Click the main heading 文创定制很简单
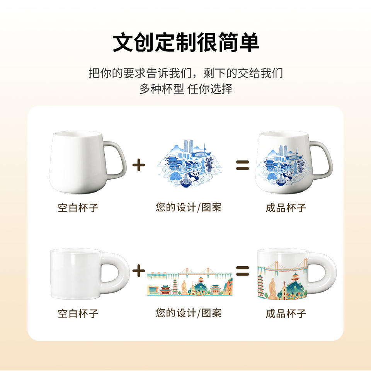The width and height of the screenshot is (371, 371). click(185, 42)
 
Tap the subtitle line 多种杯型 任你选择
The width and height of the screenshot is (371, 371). click(185, 88)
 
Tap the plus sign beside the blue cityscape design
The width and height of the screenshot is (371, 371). click(138, 165)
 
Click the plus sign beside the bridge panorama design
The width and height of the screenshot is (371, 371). click(138, 271)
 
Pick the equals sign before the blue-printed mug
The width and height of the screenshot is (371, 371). click(242, 165)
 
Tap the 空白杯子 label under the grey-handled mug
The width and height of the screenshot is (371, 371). click(78, 208)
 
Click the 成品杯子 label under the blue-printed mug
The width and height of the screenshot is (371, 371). click(286, 208)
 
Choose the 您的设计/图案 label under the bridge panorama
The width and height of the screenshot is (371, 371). click(189, 313)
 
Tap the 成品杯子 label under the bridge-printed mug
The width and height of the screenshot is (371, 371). click(286, 313)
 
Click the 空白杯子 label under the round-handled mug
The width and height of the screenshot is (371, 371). click(78, 313)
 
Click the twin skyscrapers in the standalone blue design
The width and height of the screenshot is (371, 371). click(187, 147)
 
